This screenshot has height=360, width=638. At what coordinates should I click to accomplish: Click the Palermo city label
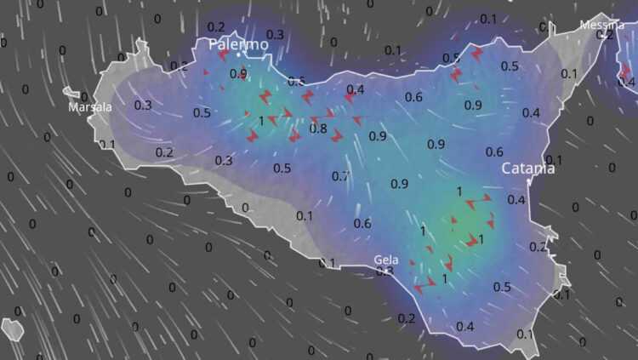coord(232,43)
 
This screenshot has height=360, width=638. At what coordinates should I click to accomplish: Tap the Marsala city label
coord(90,107)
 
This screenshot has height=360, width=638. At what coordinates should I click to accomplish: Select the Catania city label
coord(527,169)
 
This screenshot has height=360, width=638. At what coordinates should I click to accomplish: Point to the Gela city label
coord(386,260)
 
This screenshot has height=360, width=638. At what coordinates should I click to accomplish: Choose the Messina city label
coord(601,26)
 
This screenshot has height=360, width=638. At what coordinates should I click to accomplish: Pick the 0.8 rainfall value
coord(318,129)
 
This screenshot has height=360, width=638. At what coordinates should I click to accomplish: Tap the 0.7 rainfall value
coord(340,176)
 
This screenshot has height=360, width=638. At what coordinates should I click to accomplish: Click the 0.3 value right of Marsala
coord(143,105)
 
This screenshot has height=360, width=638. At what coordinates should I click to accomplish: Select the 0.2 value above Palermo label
coord(216,27)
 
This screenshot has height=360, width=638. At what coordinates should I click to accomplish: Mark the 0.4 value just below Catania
coord(516,200)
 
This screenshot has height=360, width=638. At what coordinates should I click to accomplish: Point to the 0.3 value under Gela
coord(385,271)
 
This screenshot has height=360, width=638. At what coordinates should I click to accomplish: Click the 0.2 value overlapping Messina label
coord(605,35)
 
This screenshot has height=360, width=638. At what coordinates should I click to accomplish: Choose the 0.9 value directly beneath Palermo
coord(238,74)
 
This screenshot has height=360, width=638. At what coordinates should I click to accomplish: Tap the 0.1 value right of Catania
coord(554,160)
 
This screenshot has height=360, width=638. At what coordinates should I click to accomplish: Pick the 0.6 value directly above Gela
coord(362,224)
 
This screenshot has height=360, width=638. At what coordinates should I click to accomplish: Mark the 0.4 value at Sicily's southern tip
coord(465,327)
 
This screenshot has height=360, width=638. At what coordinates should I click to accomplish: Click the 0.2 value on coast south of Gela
coord(407,318)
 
